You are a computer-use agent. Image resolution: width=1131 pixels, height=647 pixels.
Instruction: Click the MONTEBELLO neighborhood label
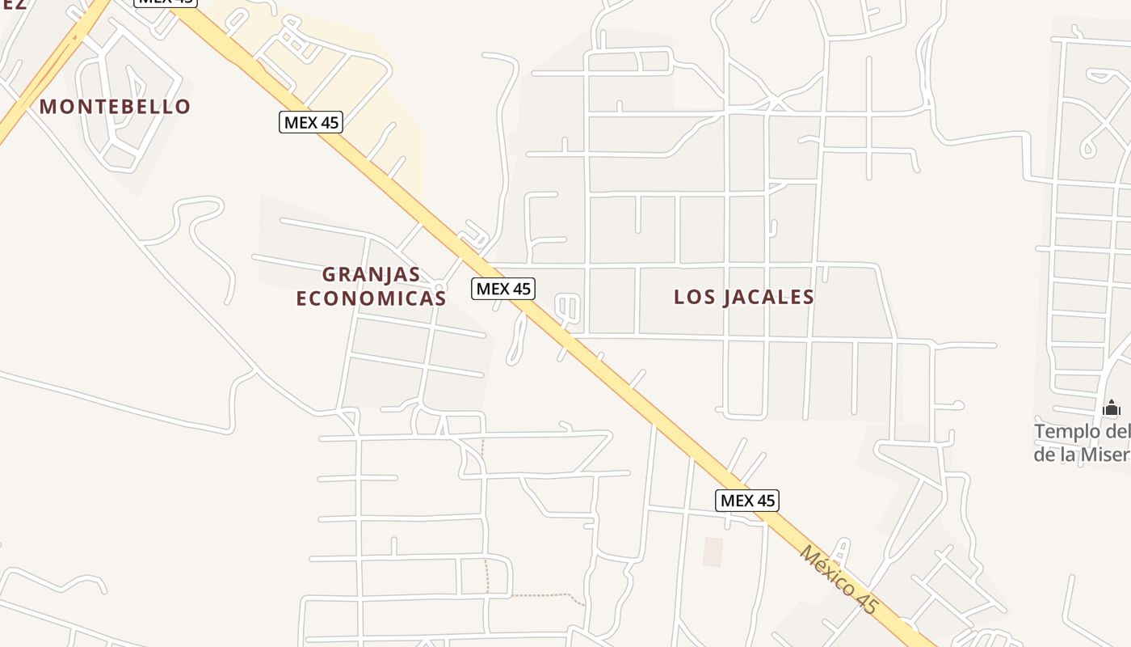tap(115, 107)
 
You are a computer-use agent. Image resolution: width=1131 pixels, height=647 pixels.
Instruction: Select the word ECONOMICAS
tap(371, 298)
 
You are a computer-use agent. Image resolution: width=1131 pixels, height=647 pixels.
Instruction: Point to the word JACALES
tap(768, 297)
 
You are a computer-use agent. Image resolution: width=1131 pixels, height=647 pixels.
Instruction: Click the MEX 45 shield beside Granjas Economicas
tap(503, 288)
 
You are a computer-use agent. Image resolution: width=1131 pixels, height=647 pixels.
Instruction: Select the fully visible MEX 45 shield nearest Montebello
tap(311, 123)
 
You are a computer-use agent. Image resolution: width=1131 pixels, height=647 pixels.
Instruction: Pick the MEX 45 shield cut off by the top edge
tap(165, 2)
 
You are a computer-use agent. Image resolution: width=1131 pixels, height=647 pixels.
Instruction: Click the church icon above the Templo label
tap(1112, 407)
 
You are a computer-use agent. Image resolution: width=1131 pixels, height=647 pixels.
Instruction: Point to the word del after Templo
tap(1118, 431)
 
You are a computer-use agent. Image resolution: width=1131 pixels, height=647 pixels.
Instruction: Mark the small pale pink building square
tap(713, 552)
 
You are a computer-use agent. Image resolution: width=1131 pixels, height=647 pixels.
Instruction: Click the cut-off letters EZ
tap(14, 4)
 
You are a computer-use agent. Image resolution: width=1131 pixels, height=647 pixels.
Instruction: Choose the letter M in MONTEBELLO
tap(47, 107)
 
